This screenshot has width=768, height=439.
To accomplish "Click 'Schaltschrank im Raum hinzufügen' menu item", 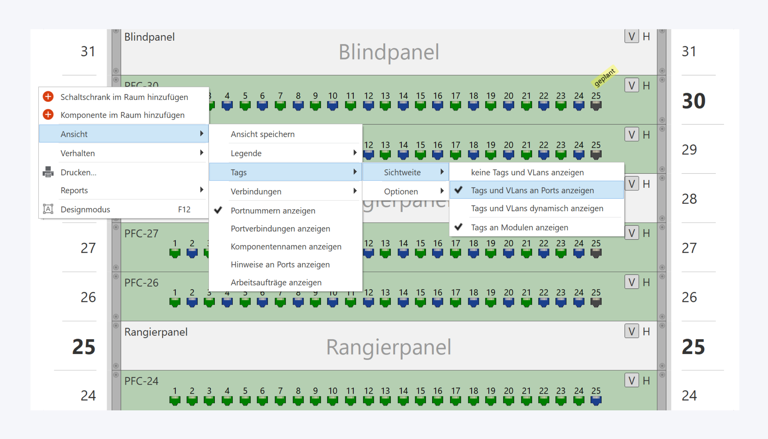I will (x=124, y=97).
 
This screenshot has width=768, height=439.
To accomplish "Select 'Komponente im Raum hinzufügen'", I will (x=122, y=115).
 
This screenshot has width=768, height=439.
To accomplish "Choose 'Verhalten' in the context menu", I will (x=77, y=153).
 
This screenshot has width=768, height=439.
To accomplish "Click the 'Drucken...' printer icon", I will (x=48, y=172).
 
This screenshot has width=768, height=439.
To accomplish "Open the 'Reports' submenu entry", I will (x=74, y=190).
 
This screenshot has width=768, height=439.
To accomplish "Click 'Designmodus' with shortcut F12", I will (x=85, y=210).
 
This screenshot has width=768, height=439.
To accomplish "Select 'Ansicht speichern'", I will (x=262, y=134).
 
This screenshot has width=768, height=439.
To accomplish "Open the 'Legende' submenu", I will (x=246, y=153).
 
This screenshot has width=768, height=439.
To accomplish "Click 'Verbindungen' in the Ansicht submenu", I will (x=256, y=191).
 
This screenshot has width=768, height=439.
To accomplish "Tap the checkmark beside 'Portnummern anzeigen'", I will (x=218, y=210).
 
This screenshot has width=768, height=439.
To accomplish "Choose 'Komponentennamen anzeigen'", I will (x=286, y=247).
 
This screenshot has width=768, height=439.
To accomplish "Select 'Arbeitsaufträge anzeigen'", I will (x=276, y=282).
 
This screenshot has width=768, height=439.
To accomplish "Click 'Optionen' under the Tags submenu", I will (x=401, y=191).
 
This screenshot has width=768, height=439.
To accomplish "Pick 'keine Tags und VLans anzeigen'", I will (x=527, y=172).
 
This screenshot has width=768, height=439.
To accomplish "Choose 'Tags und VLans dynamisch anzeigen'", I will (x=537, y=208).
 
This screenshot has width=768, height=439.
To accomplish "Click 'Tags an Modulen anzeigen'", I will (x=519, y=227).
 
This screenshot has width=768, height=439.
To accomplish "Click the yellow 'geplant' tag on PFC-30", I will (x=604, y=77).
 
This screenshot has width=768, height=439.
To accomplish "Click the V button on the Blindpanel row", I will (x=631, y=36).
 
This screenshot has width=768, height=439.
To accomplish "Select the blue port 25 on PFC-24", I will (x=596, y=401).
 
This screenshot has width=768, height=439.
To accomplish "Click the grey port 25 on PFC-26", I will (x=596, y=302).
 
